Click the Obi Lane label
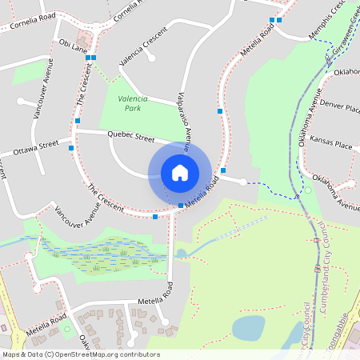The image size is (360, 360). point(73,48)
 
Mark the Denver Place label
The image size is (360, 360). point(339,106)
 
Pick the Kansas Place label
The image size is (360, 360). point(331,145)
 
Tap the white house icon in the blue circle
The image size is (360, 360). point(180,172)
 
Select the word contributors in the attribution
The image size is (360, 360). point(138,354)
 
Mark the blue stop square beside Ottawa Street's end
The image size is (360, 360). point(72,148)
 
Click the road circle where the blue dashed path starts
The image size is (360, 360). point(243,182)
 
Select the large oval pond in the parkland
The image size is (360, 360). point(249,327)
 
